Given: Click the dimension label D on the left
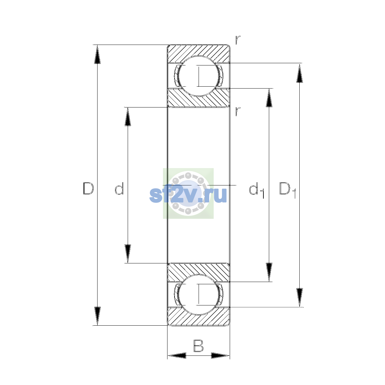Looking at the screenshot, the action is pos(88,188).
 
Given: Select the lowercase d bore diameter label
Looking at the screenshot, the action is pos(119,188).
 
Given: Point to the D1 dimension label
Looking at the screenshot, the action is pos(287,190).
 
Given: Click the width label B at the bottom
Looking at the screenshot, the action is pos(198,346).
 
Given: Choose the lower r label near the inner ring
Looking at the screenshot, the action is pos(238,111).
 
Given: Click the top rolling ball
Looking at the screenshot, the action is pos(198,76).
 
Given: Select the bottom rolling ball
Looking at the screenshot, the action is pos(198,295).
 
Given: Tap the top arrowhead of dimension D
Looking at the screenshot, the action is pos(97,54).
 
